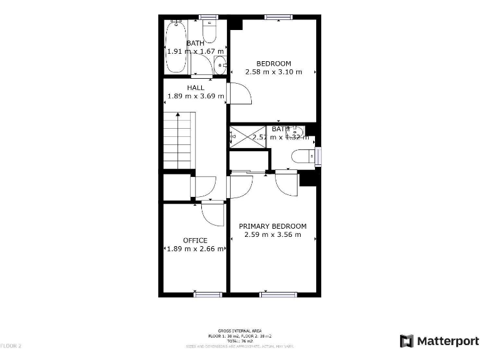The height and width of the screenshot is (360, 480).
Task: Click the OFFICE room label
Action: coord(195,241)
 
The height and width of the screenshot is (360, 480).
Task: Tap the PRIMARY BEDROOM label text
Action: coord(272,226)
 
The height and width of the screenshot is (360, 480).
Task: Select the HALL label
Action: coord(196,88)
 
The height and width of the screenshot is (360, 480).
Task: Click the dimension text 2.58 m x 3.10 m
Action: coord(274,72)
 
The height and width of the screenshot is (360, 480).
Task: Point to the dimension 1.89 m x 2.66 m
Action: coord(195,249)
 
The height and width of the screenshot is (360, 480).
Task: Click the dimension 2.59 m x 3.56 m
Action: coord(272,235)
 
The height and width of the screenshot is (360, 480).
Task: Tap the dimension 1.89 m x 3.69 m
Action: coord(196,97)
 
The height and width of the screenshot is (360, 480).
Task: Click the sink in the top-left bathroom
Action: coord(219,64)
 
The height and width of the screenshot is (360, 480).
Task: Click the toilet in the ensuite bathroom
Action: coord(303,156)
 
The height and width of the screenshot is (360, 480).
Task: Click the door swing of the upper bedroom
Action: coord(241,94)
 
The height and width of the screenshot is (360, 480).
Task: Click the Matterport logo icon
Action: coord(406,341)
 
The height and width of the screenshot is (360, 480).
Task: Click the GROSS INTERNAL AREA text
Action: coord(239,331)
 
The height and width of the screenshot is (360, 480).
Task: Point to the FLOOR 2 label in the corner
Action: coord(11,346)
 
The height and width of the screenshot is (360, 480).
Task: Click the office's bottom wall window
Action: coord(208,294)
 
